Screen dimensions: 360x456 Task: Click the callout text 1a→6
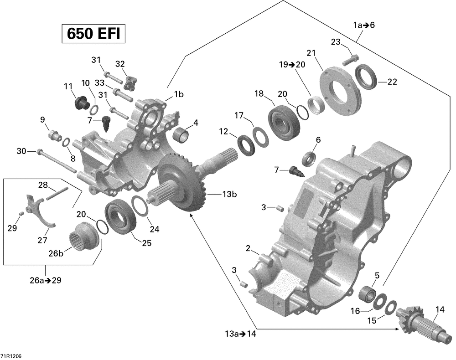pyautogui.click(x=363, y=26)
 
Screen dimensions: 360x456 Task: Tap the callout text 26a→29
pyautogui.click(x=45, y=280)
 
